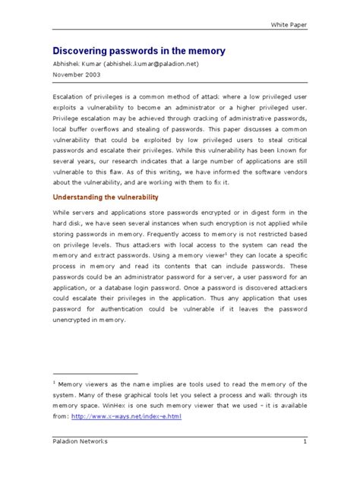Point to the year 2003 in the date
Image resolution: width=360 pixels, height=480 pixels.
click(x=91, y=76)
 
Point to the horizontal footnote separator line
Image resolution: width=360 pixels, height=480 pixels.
click(x=94, y=374)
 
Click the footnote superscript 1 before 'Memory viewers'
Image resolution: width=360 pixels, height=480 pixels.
click(x=54, y=383)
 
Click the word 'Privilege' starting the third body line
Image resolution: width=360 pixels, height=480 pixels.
click(x=68, y=119)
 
